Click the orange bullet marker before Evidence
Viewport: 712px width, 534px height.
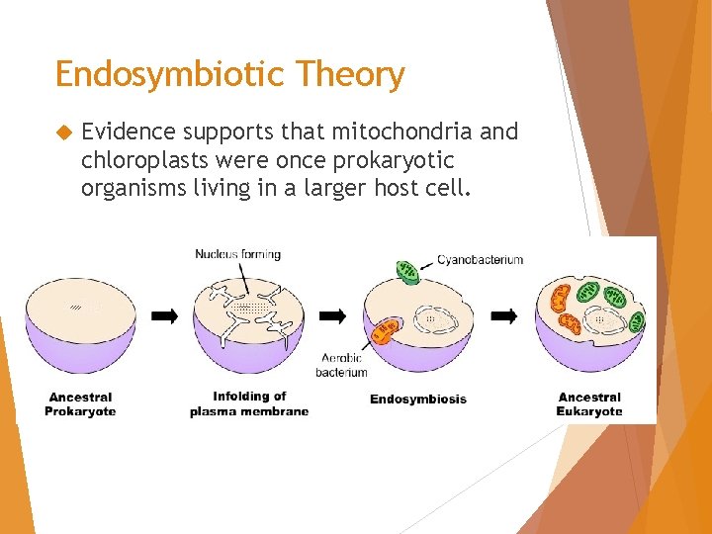pyautogui.click(x=65, y=133)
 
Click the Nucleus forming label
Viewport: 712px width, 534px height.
pyautogui.click(x=237, y=254)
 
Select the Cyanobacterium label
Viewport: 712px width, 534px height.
pyautogui.click(x=481, y=260)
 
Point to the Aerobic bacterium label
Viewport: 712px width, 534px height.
pyautogui.click(x=342, y=365)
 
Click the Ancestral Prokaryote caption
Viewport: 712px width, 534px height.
pyautogui.click(x=80, y=404)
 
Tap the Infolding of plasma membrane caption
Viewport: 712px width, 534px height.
pyautogui.click(x=249, y=404)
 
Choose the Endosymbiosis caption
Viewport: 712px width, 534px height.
pyautogui.click(x=418, y=400)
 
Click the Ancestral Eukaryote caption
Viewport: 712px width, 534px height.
pyautogui.click(x=589, y=404)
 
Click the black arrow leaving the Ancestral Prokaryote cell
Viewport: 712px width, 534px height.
pyautogui.click(x=164, y=316)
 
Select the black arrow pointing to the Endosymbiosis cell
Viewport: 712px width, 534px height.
pyautogui.click(x=333, y=316)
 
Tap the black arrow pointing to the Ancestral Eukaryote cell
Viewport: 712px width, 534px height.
pyautogui.click(x=504, y=316)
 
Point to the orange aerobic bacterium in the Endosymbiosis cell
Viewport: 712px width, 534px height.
pyautogui.click(x=384, y=331)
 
